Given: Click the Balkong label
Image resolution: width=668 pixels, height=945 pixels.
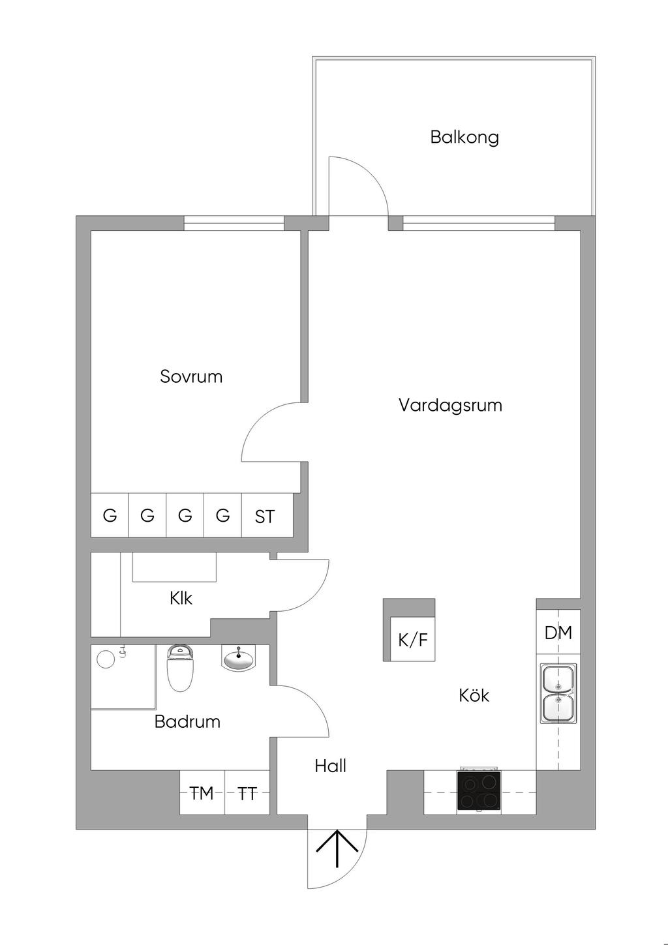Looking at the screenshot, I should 464,138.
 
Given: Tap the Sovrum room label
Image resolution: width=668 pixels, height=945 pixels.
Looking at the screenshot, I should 191,376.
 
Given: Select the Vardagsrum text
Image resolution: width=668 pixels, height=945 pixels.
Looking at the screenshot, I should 450,405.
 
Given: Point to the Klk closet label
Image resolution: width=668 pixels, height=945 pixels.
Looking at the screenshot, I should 181,597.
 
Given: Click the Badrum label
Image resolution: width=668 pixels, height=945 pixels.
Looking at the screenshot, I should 187,721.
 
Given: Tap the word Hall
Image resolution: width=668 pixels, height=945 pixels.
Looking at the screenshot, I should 330,766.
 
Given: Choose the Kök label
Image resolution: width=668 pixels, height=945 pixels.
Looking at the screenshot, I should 474,695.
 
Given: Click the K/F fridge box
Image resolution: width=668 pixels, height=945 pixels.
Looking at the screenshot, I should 412,639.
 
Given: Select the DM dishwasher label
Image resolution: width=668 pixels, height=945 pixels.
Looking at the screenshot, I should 558,633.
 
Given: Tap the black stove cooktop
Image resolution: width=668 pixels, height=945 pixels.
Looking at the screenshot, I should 479,791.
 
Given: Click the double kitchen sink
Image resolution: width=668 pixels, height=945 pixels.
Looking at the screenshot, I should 558,693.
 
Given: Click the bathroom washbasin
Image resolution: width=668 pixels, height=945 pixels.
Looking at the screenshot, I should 239,659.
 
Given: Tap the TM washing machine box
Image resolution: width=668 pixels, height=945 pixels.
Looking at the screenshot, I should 202,793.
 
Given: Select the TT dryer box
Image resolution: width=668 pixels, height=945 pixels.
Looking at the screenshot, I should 247,793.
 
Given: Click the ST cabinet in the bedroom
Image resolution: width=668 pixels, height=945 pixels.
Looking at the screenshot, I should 264,517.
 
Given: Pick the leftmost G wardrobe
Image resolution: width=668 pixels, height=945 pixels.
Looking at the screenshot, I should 110,515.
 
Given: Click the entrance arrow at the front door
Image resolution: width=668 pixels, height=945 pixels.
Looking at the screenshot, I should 337,848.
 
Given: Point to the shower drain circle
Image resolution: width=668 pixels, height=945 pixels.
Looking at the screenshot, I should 105,659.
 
